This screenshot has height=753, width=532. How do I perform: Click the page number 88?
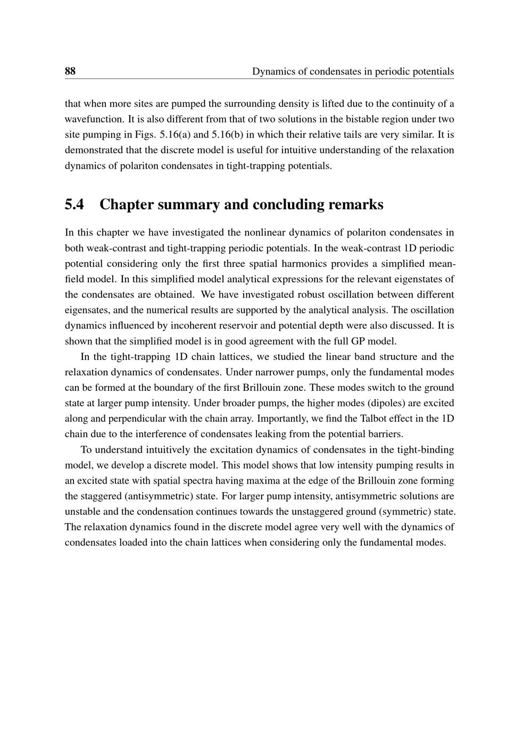[70, 71]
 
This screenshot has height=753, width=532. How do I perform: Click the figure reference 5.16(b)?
[227, 135]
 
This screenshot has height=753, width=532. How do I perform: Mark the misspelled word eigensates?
[85, 310]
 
